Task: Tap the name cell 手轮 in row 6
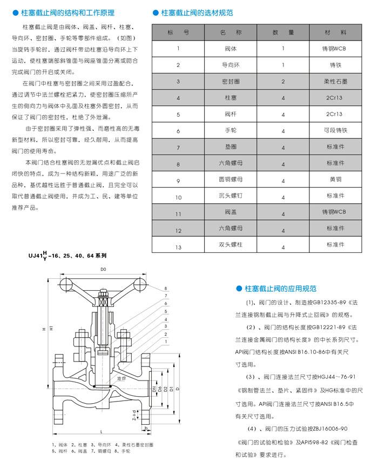coord(230,130)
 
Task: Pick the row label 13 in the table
coord(178,247)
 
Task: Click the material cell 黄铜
coord(335,179)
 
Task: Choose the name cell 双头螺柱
coord(230,245)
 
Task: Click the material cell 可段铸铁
coord(335,130)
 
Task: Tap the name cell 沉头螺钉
coord(230,197)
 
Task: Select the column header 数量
coord(283,33)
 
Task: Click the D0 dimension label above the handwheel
coord(104,269)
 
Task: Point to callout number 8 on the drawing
coord(166,289)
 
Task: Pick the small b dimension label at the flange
coord(146,427)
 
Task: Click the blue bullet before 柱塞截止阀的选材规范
coord(157,11)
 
